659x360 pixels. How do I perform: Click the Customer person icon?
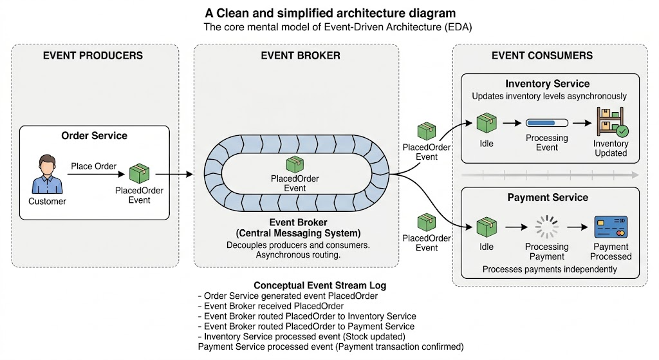pos(47,174)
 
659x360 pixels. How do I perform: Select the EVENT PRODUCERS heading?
pos(93,55)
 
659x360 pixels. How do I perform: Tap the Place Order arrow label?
pos(93,166)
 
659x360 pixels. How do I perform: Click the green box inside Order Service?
pos(139,173)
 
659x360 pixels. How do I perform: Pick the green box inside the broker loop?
pos(295,164)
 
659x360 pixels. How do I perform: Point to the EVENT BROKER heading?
pos(301,55)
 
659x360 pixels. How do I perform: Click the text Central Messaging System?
pos(298,233)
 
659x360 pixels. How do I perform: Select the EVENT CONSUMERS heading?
pos(542,55)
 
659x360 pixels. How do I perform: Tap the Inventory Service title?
pos(547,84)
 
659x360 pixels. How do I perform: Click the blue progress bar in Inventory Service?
pos(547,123)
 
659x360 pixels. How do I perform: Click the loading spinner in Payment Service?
pos(546,227)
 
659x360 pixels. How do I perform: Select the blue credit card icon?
pos(611,227)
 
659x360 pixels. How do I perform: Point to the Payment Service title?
pos(548,198)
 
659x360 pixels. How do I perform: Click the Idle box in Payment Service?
pos(487,227)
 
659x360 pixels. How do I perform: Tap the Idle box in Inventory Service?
pos(487,123)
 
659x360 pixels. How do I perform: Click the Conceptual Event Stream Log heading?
pos(320,285)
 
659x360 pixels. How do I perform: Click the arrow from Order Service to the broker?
pos(174,174)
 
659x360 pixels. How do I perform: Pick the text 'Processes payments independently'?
pos(550,269)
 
